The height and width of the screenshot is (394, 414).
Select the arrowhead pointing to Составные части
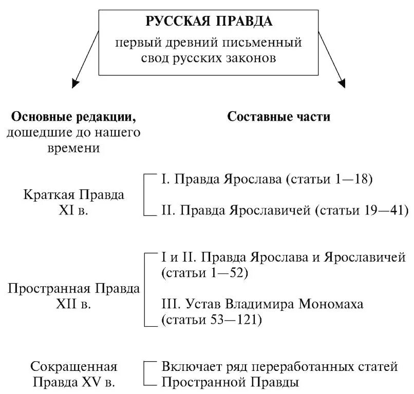(x=341, y=82)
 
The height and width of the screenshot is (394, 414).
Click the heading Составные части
(x=279, y=117)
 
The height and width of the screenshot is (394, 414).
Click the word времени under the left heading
(x=74, y=148)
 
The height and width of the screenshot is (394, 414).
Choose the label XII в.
(x=74, y=304)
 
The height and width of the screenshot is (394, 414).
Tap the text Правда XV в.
(x=74, y=382)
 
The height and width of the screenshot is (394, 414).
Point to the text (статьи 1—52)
(x=204, y=273)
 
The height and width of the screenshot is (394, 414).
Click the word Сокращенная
(x=74, y=367)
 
